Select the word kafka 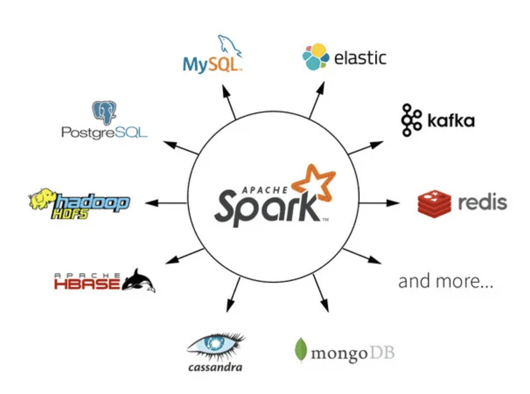(451, 120)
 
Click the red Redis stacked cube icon (434, 204)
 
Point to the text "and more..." (445, 282)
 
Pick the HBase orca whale (138, 281)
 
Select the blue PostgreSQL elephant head (104, 112)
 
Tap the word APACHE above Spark (265, 190)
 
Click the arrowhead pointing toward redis (394, 203)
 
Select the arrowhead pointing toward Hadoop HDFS (151, 203)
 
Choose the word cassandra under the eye (215, 367)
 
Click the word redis (482, 203)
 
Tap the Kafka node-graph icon (411, 120)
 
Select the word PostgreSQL (104, 133)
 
